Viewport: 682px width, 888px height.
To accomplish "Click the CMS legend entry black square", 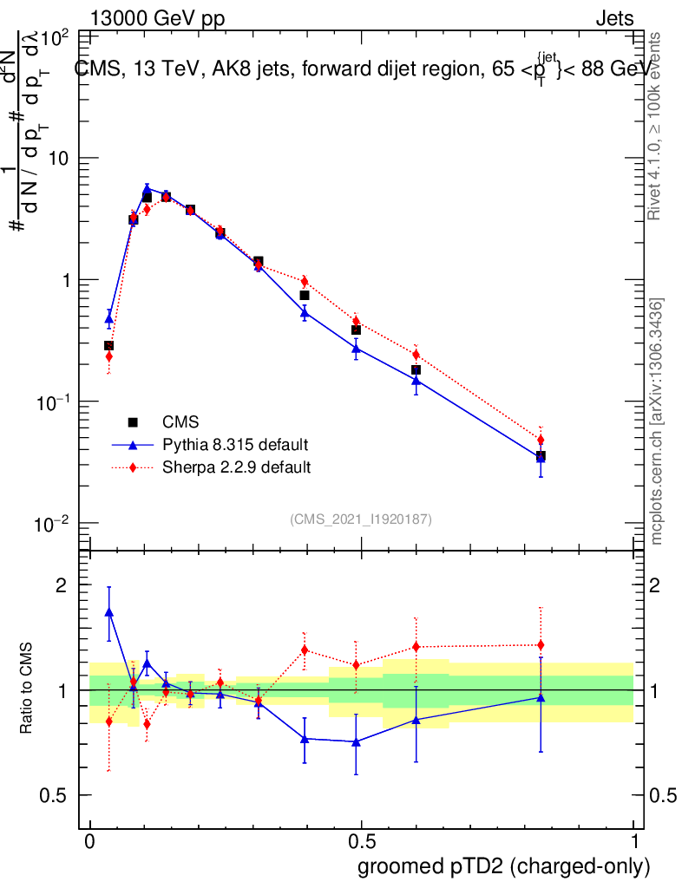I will point(133,422).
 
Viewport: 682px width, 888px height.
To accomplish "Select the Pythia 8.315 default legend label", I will point(234,445).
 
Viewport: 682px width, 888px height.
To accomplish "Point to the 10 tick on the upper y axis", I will point(62,158).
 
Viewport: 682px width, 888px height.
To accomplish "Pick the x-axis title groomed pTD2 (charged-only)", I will point(503,866).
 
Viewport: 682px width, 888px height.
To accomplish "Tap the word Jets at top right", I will point(613,19).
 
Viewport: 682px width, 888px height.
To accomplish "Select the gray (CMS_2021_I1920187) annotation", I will point(361,519).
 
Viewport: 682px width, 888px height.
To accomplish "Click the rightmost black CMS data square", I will point(541,456).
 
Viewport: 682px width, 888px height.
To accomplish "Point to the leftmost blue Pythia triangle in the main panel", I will point(109,319).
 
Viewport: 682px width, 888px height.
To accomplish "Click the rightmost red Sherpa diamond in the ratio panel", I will point(541,644).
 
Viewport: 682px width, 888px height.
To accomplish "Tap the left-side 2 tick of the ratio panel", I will point(62,584).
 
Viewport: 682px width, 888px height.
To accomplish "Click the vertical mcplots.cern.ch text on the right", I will point(657,421).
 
